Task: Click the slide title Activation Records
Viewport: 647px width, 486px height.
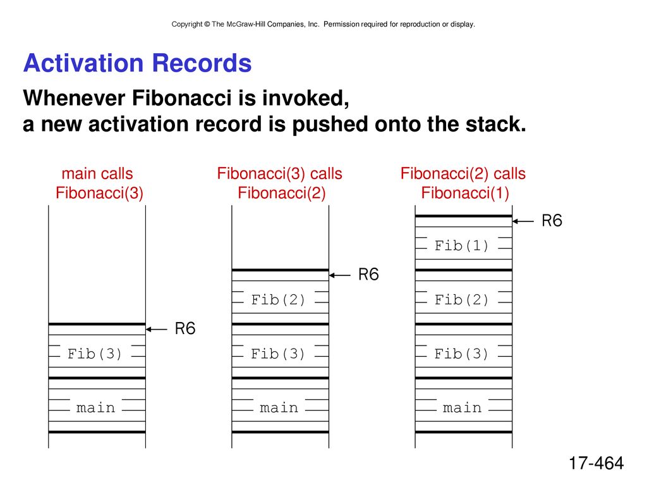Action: click(x=137, y=63)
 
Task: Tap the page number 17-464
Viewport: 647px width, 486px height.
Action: click(x=596, y=463)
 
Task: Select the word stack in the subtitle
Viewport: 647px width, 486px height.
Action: click(x=495, y=124)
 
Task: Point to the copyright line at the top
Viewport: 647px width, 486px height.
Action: click(x=323, y=25)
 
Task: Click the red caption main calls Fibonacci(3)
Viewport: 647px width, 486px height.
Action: click(x=99, y=183)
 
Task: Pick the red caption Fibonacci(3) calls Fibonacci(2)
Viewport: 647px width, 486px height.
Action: click(x=280, y=183)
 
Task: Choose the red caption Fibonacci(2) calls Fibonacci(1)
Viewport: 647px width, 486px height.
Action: click(x=463, y=183)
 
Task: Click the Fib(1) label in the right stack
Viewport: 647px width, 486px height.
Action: click(x=461, y=246)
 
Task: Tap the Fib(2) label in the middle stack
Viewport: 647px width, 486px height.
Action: click(x=278, y=299)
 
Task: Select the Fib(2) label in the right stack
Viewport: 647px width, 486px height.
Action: click(x=461, y=299)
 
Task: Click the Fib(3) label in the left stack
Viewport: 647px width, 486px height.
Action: click(x=95, y=354)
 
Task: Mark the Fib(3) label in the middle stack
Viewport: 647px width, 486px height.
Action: click(x=278, y=354)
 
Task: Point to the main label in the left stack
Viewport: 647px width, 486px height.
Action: click(x=95, y=408)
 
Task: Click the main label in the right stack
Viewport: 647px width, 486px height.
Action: click(x=462, y=408)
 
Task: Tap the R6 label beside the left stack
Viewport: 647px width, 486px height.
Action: click(x=185, y=328)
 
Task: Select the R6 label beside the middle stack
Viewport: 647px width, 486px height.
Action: click(x=368, y=275)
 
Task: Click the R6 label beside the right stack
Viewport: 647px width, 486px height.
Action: click(x=552, y=221)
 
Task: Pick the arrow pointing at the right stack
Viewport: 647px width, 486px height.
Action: click(x=523, y=221)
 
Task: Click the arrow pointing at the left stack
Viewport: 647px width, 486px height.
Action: click(x=157, y=329)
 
